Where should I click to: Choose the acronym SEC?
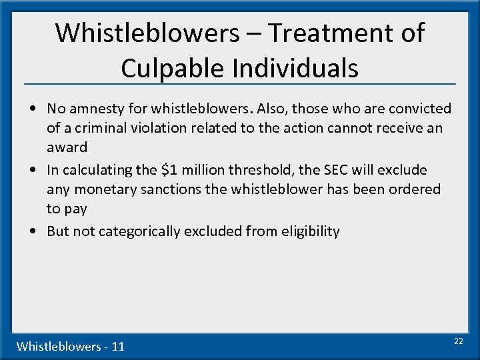pyautogui.click(x=353, y=170)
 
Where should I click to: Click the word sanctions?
pyautogui.click(x=170, y=189)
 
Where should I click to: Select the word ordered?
pyautogui.click(x=415, y=189)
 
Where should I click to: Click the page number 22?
pyautogui.click(x=458, y=341)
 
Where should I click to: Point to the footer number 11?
pyautogui.click(x=118, y=346)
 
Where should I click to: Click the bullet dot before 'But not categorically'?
pyautogui.click(x=33, y=231)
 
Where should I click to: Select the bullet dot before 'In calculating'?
pyautogui.click(x=33, y=170)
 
